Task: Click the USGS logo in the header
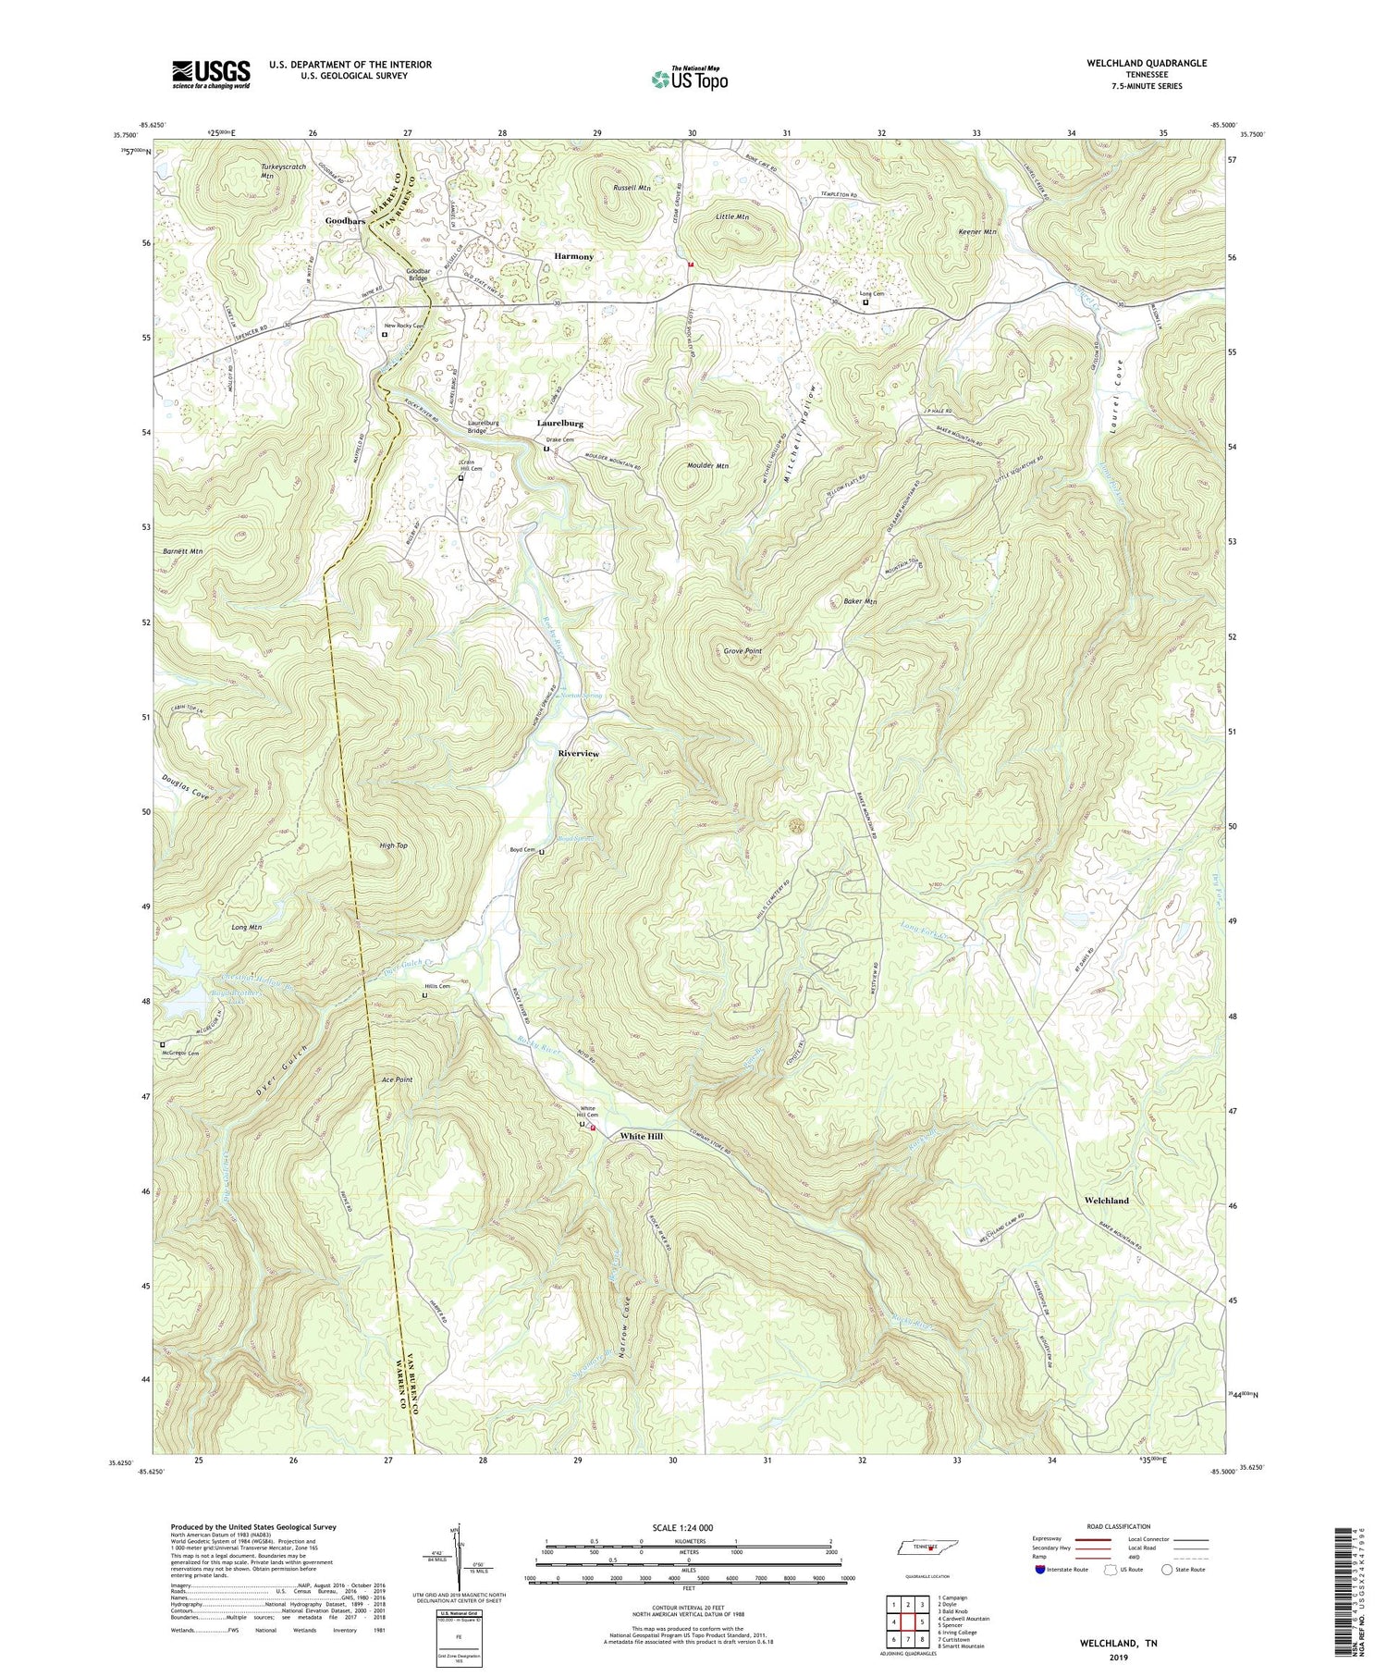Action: (x=211, y=74)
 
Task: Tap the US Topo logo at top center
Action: (x=689, y=80)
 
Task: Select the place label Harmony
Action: (x=573, y=256)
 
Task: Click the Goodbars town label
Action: (x=345, y=222)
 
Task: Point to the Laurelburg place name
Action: (x=560, y=423)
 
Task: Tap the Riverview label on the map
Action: (x=578, y=754)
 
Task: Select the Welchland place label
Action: (x=1106, y=1201)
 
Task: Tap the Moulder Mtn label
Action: (x=708, y=466)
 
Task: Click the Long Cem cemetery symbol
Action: (x=865, y=302)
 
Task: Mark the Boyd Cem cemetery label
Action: (x=522, y=849)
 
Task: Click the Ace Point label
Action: (x=397, y=1079)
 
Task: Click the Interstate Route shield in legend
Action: (x=1041, y=1570)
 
